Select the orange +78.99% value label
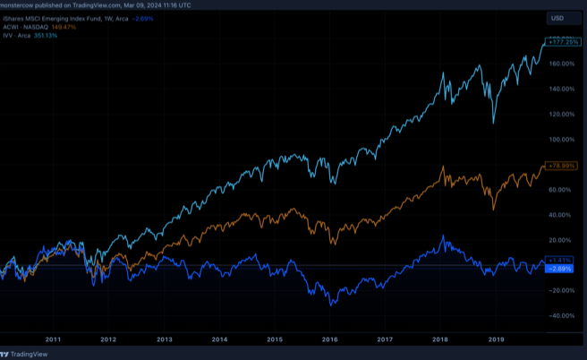point(561,167)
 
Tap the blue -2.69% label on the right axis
point(561,269)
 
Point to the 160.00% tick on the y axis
point(562,64)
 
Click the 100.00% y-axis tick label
point(562,139)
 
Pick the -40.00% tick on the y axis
point(562,315)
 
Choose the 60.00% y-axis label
point(562,189)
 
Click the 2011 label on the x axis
point(53,339)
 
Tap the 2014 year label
point(219,339)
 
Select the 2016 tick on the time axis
point(330,339)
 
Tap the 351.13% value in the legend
point(45,36)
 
